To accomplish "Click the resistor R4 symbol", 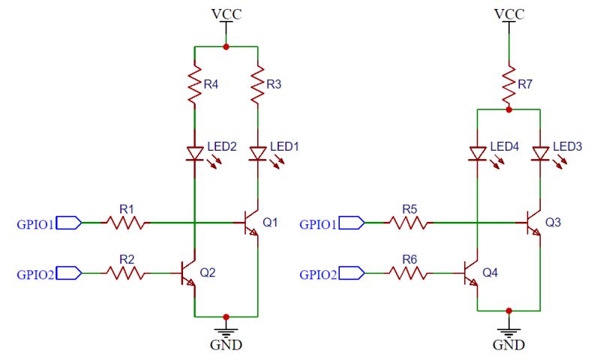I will [194, 86].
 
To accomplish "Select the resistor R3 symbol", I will [258, 86].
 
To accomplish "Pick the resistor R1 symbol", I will [126, 223].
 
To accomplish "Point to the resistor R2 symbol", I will [126, 274].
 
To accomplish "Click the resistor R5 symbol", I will [409, 223].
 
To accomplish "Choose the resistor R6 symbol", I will [409, 274].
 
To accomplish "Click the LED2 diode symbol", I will [195, 153].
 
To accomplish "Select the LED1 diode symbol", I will [258, 153].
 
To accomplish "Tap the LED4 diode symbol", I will [477, 153].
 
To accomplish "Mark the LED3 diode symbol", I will [540, 153].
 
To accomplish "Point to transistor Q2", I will [188, 274].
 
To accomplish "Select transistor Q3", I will [533, 223].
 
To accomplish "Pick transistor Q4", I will [470, 274].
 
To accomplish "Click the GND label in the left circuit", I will [226, 346].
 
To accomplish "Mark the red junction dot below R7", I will [508, 109].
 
